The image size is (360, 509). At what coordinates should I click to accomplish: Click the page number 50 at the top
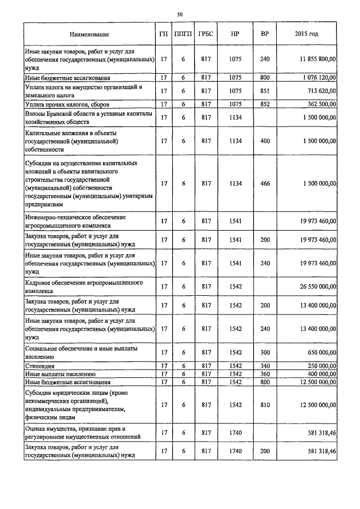click(180, 13)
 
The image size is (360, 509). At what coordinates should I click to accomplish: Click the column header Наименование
click(89, 34)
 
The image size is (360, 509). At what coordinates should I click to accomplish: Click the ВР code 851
click(265, 91)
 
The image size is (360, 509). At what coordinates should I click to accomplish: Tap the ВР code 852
click(265, 104)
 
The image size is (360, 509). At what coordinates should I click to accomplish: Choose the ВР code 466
click(265, 183)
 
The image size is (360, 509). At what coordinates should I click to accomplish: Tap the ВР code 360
click(265, 373)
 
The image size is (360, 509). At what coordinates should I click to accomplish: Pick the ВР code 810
click(265, 404)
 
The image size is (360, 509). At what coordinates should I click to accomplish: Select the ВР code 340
click(265, 366)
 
